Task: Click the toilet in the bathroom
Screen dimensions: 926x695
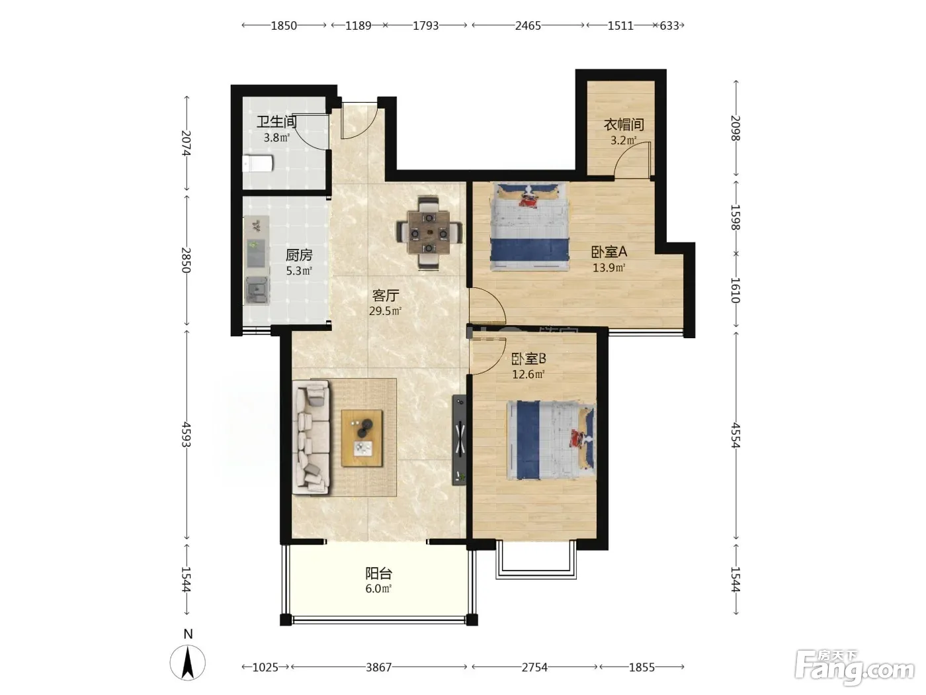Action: point(258,163)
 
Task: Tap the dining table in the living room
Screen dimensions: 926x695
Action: point(429,232)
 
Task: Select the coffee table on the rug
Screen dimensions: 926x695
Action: point(362,438)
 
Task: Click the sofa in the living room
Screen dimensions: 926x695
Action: point(312,437)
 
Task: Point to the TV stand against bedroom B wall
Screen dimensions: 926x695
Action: point(460,440)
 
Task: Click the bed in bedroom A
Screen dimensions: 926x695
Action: point(530,226)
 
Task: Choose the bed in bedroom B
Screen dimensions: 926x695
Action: point(551,441)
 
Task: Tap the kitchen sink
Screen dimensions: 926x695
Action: point(257,291)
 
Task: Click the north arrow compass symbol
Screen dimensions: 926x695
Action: point(188,663)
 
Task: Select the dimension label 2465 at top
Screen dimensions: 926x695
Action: point(528,26)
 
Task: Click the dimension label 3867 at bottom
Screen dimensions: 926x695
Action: point(378,667)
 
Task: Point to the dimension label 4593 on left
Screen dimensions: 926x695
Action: point(186,434)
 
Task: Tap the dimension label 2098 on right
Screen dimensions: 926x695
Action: point(736,128)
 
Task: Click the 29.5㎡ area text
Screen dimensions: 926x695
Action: point(385,311)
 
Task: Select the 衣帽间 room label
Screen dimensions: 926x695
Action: point(624,124)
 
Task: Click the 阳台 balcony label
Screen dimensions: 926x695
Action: point(378,573)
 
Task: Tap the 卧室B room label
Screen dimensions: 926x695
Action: point(528,359)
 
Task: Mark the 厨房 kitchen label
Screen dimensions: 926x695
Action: point(299,255)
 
